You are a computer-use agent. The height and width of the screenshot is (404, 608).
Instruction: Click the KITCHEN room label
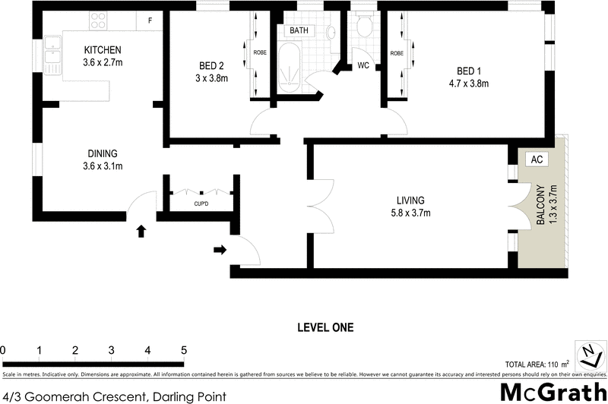pos(103,51)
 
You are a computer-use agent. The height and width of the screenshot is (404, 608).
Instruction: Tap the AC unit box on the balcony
pos(536,160)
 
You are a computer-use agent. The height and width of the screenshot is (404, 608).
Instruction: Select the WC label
pos(363,66)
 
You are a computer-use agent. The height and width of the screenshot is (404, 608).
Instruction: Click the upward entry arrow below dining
pos(141,231)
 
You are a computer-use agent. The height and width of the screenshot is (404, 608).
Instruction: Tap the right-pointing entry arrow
pos(220,248)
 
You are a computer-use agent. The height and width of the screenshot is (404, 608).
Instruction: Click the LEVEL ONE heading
pos(325,328)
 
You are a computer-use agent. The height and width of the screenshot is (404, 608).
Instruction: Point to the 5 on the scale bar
pos(183,350)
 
